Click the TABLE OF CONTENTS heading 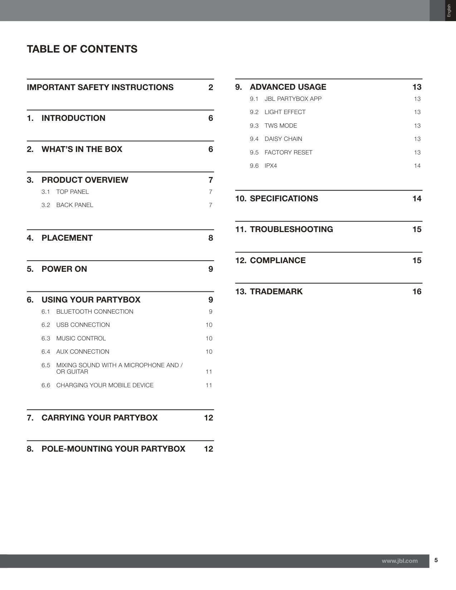point(82,49)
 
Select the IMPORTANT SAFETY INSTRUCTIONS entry point(100,87)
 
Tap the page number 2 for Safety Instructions point(211,87)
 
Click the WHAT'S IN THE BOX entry point(82,149)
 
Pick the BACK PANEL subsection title point(74,205)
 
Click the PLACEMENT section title point(67,238)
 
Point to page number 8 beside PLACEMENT point(211,238)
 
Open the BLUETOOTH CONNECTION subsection point(94,311)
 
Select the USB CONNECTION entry point(83,325)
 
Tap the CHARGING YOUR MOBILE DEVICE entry point(105,385)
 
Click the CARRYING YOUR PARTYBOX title point(99,418)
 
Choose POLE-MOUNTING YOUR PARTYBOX point(113,449)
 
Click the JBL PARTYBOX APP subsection point(293,99)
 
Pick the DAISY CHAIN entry point(283,139)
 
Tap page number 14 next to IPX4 point(417,166)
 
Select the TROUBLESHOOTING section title point(291,229)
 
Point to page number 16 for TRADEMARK point(417,291)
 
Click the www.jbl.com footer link point(399,561)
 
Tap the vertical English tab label point(449,10)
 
